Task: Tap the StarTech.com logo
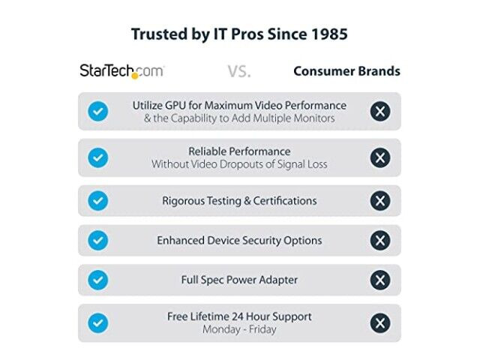point(121,71)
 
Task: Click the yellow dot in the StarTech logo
point(135,76)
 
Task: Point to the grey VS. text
point(239,72)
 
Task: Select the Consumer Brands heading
point(346,71)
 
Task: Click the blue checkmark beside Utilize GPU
point(98,111)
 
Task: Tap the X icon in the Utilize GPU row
point(380,111)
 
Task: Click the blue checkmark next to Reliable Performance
point(98,157)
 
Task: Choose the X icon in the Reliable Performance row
point(380,157)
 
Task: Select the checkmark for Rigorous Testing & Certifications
point(98,201)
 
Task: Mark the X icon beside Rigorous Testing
point(380,201)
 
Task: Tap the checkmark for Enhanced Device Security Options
point(98,240)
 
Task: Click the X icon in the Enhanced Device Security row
point(380,240)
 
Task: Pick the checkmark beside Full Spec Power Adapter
point(98,280)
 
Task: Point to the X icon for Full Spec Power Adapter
point(380,280)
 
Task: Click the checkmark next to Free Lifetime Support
point(98,323)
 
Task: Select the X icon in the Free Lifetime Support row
point(380,323)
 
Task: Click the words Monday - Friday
point(239,330)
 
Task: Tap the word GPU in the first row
point(175,106)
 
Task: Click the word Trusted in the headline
point(159,34)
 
